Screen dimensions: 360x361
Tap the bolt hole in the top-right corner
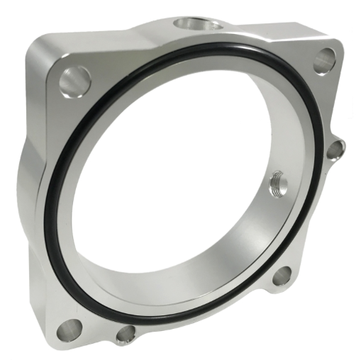pos(323,61)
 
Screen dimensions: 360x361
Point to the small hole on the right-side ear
pos(335,150)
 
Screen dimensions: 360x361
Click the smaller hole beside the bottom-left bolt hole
pos(125,334)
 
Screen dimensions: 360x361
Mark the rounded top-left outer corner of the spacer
pos(35,46)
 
